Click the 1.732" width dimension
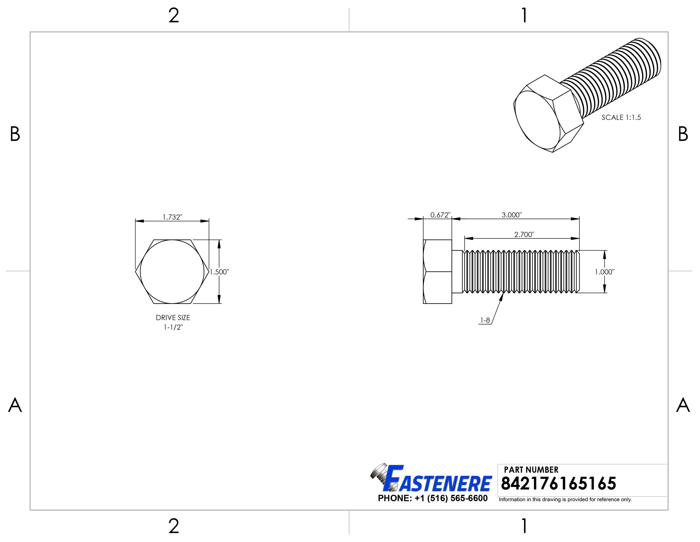pyautogui.click(x=172, y=217)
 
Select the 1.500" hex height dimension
pyautogui.click(x=219, y=272)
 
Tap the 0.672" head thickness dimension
pyautogui.click(x=440, y=215)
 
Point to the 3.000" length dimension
pyautogui.click(x=512, y=215)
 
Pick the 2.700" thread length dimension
pyautogui.click(x=524, y=235)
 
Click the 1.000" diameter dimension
pyautogui.click(x=604, y=272)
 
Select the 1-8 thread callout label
pyautogui.click(x=485, y=320)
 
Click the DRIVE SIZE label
pyautogui.click(x=173, y=318)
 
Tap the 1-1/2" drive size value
pyautogui.click(x=173, y=327)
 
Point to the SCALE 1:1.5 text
pyautogui.click(x=621, y=118)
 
